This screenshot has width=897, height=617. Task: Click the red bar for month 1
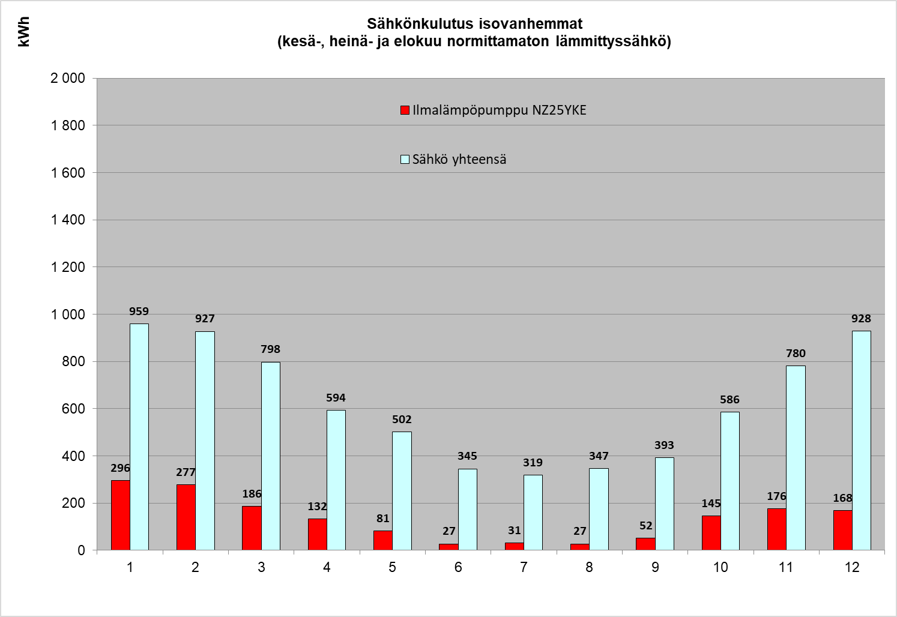click(x=120, y=514)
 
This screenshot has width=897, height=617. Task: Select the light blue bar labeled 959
click(x=139, y=436)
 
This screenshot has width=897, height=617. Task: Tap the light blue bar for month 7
click(x=533, y=512)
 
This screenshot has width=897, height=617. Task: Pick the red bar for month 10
click(x=711, y=532)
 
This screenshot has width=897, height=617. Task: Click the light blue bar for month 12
click(x=861, y=440)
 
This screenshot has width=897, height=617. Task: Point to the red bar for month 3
click(x=252, y=528)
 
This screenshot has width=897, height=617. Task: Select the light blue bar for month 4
click(x=336, y=480)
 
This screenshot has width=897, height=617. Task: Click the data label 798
click(x=270, y=349)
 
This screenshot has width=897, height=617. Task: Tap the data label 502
click(x=402, y=420)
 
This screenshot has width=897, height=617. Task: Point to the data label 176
click(x=776, y=496)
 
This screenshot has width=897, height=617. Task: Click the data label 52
click(x=645, y=526)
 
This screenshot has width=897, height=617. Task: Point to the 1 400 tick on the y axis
click(x=68, y=220)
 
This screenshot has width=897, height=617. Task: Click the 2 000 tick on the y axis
click(x=68, y=78)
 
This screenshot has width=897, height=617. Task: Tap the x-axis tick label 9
click(x=655, y=567)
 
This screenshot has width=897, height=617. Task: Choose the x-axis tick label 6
click(x=458, y=567)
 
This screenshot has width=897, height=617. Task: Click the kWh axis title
click(x=24, y=32)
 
